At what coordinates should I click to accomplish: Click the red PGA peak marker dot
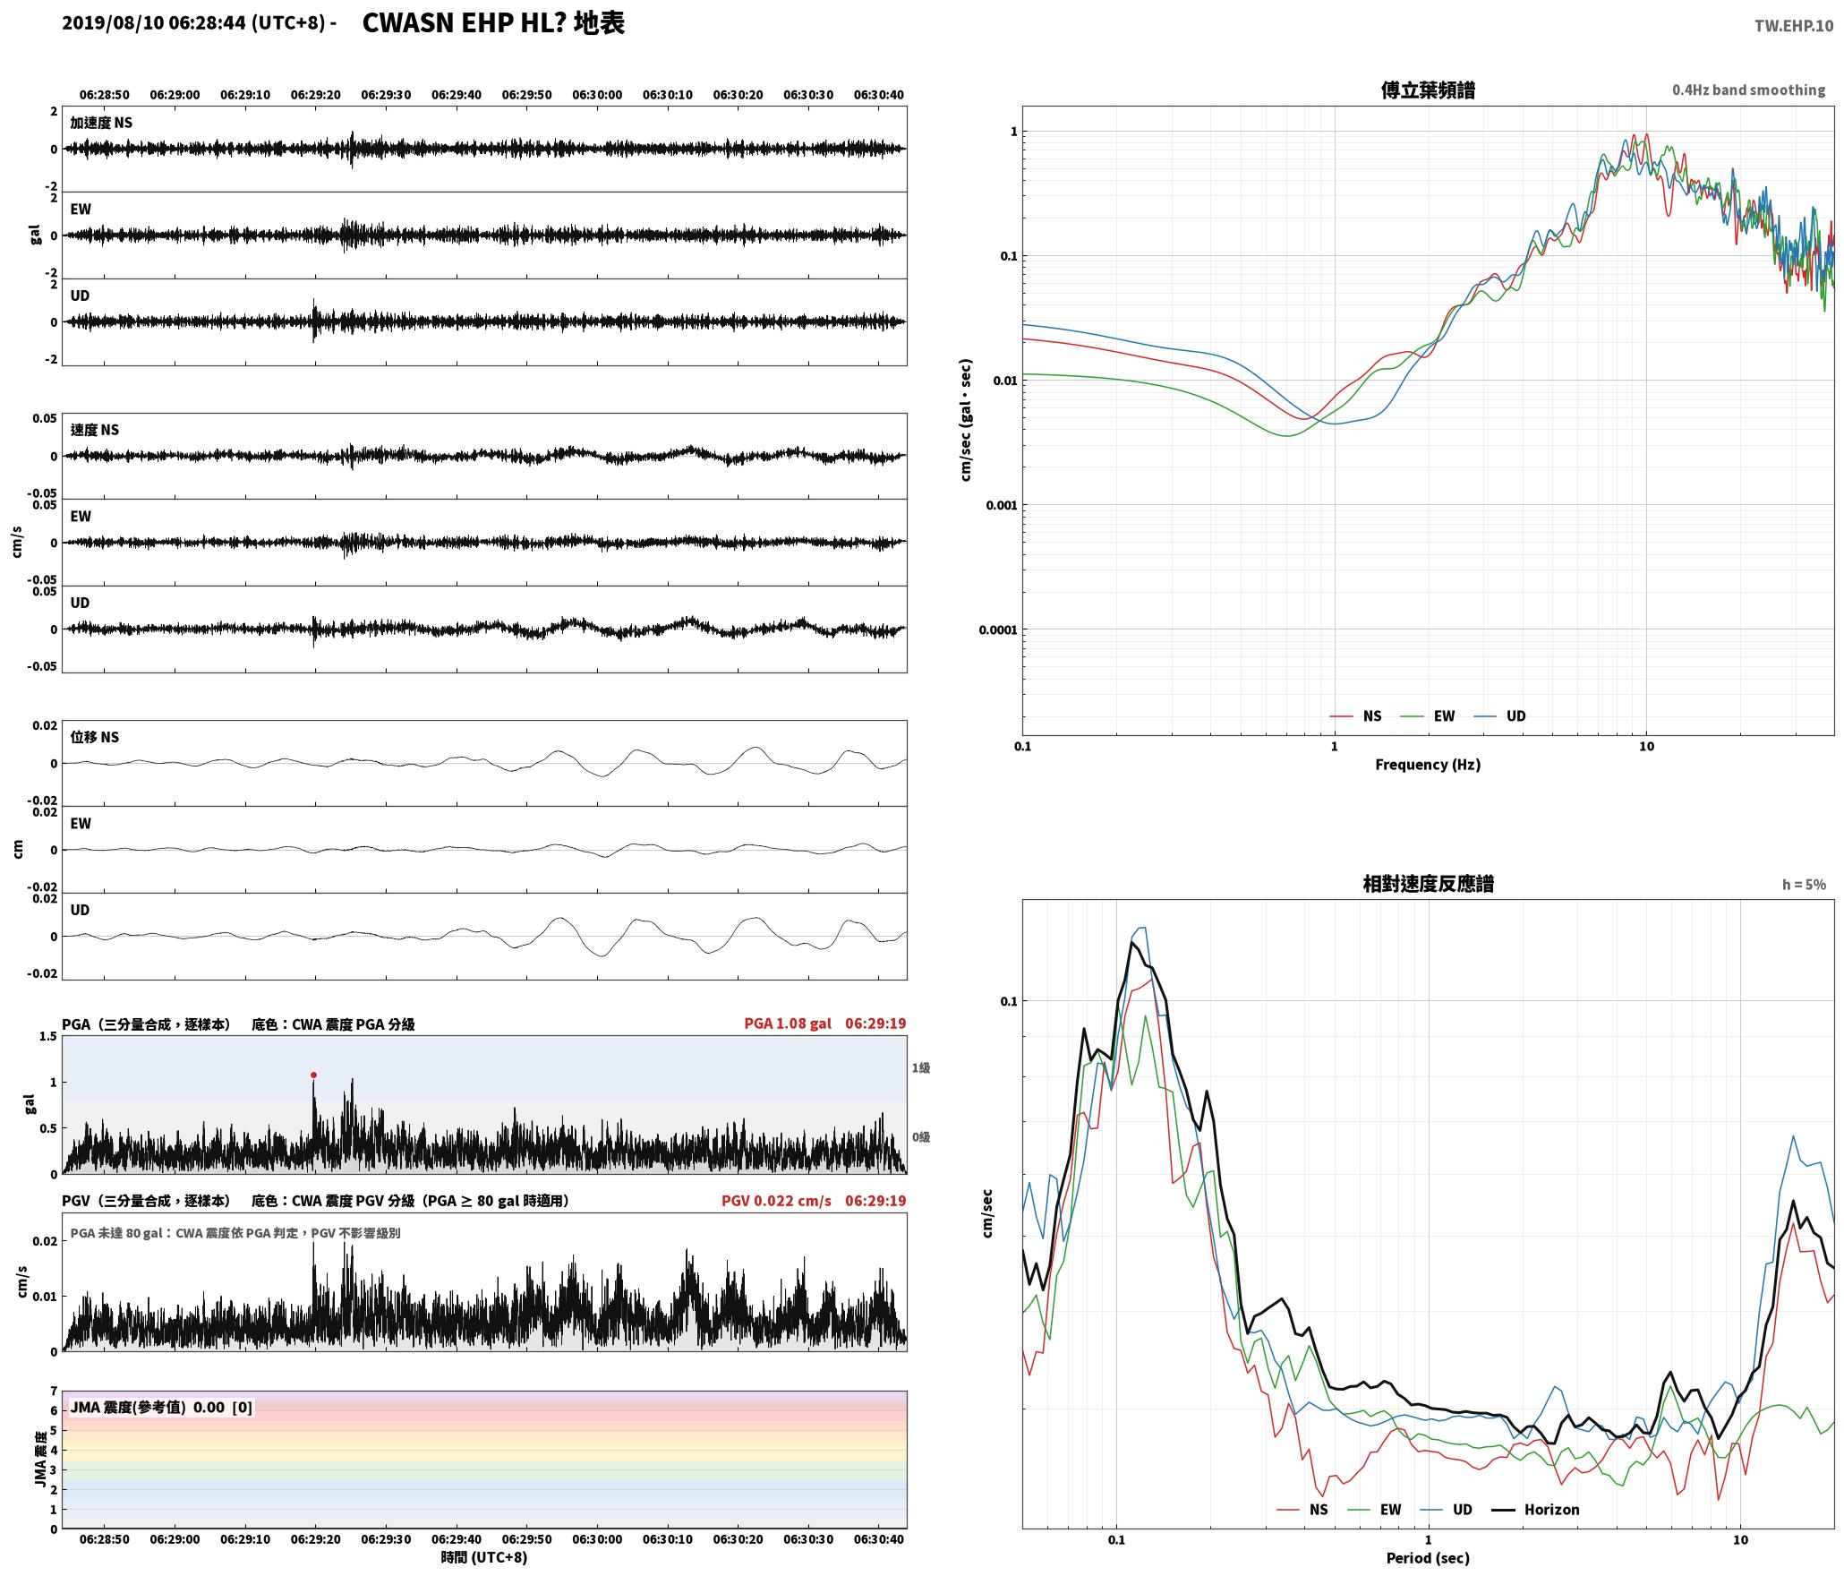click(313, 1075)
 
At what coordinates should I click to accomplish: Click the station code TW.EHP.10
click(1793, 26)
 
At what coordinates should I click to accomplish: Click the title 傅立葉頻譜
click(1428, 90)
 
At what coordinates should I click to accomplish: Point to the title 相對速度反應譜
click(1428, 883)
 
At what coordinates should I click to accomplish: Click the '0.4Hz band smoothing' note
click(1748, 90)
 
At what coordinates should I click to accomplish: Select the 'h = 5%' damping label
click(1804, 884)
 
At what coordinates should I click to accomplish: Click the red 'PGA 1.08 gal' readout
click(788, 1023)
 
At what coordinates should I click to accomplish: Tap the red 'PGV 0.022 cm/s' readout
click(776, 1200)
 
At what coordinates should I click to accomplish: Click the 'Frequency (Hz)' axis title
click(1428, 764)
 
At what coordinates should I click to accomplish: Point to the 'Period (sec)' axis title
click(1428, 1557)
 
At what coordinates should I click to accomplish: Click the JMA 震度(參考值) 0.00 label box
click(161, 1407)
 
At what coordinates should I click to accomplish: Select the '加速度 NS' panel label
click(101, 123)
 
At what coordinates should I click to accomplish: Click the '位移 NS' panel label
click(95, 737)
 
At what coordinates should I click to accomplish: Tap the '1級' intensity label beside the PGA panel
click(921, 1067)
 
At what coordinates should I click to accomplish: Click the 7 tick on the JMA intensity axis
click(54, 1391)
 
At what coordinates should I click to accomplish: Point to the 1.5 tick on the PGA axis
click(47, 1036)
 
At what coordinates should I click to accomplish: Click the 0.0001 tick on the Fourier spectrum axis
click(998, 630)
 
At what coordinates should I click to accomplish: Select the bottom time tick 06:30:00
click(597, 1538)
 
